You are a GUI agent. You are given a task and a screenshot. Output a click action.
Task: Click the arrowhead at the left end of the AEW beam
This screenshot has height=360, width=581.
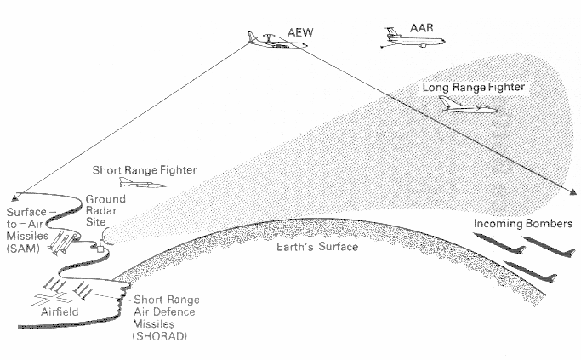click(19, 197)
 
